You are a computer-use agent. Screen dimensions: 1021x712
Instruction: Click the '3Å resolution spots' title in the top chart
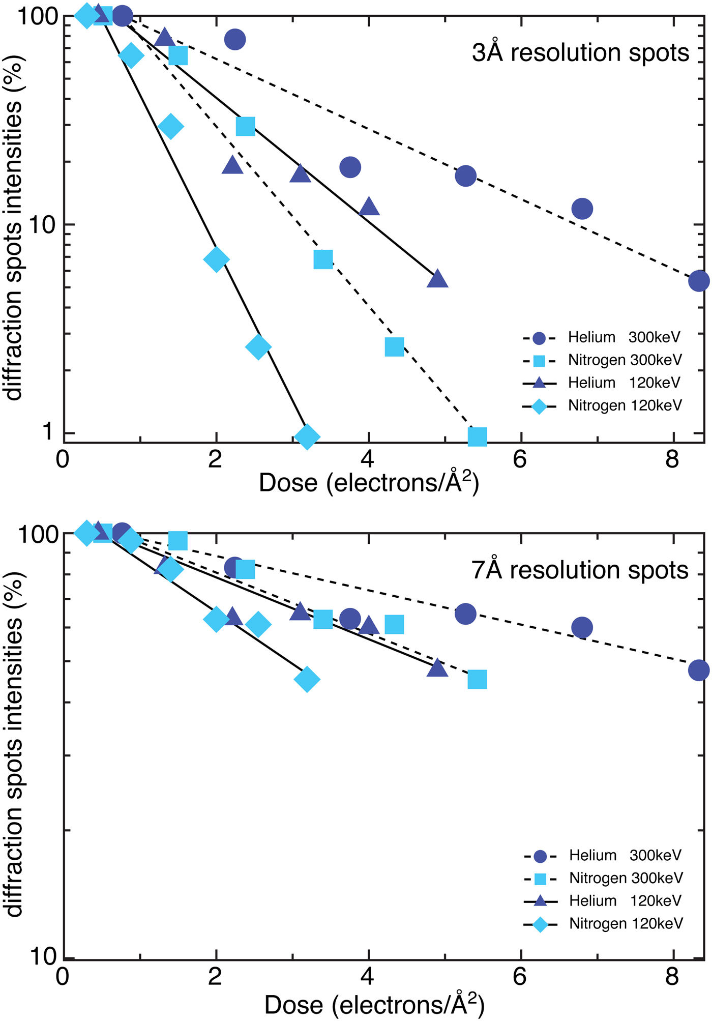[x=580, y=53]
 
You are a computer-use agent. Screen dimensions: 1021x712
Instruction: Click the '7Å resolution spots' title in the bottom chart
[x=580, y=570]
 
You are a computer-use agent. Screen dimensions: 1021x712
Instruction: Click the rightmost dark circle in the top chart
[x=699, y=281]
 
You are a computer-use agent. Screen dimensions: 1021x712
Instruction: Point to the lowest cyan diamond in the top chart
[x=307, y=436]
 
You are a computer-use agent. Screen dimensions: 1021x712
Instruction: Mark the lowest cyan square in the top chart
[x=477, y=436]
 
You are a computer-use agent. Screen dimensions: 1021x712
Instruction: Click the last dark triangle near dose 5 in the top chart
[x=437, y=279]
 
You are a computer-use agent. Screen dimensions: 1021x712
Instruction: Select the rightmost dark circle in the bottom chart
[x=699, y=670]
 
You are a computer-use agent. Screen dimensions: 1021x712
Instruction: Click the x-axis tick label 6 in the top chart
[x=519, y=460]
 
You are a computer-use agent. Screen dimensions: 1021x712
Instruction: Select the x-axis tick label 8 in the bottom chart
[x=672, y=977]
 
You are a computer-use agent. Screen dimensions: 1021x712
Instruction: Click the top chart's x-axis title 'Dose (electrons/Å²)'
[x=369, y=482]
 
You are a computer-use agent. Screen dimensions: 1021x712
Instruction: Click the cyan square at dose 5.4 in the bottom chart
[x=477, y=679]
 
